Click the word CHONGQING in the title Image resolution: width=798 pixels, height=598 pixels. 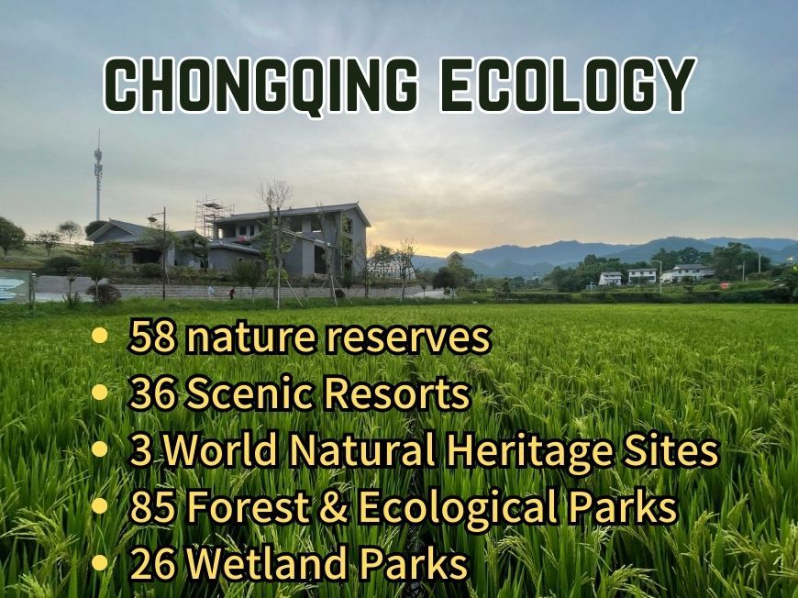pos(261,84)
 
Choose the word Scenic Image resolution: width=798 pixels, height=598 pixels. pos(249,393)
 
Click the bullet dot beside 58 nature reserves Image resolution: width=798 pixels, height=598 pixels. pos(100,336)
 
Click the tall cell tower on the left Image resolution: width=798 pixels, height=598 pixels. pos(98,175)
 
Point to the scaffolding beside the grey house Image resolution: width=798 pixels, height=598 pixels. pos(213,219)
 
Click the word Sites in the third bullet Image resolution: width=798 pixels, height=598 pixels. pos(669,450)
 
